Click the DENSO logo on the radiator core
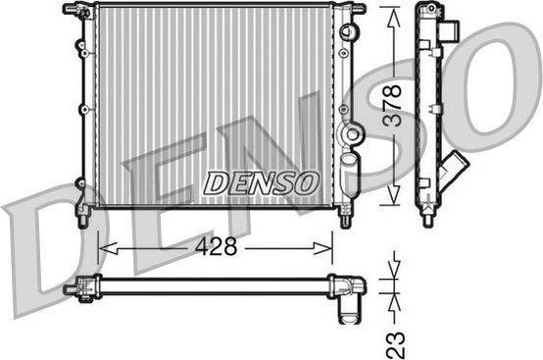pos(260,182)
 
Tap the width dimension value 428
pos(217,247)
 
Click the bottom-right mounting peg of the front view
pos(344,217)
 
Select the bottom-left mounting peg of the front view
pos(83,215)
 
